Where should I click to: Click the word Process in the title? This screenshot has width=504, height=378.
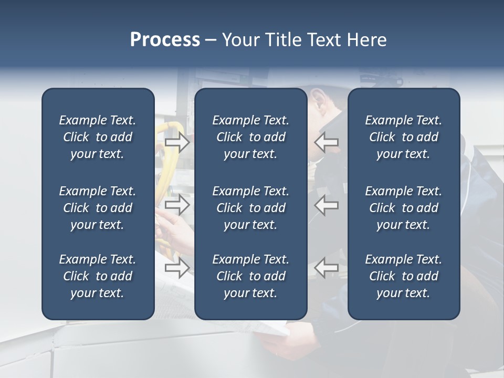point(165,40)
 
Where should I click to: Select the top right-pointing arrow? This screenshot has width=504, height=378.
point(177,142)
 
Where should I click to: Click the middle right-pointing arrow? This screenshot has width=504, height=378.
point(177,205)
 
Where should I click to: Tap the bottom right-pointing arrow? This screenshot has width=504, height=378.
point(177,268)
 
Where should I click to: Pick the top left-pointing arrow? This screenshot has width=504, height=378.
point(327,142)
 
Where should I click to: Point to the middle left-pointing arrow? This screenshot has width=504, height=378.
point(327,205)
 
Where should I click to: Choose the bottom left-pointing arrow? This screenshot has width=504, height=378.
point(327,268)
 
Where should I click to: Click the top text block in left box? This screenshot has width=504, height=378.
point(98,137)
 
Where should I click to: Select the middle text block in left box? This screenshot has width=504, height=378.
point(98,208)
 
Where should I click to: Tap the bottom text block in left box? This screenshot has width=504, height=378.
point(98,276)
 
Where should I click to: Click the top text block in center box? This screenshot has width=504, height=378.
point(250,137)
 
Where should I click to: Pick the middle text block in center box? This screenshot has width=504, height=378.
point(250,208)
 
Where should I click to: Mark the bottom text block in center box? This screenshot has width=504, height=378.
point(250,276)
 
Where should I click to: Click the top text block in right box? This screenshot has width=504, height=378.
point(403,137)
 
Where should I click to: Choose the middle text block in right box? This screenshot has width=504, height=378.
point(403,208)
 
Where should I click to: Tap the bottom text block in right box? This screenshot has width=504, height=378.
point(403,276)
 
